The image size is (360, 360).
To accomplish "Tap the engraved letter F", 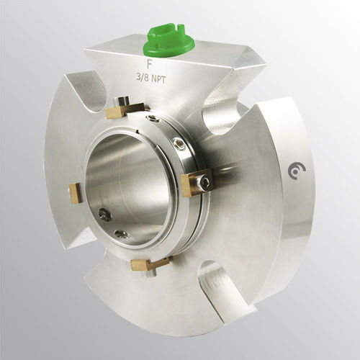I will (x=149, y=63).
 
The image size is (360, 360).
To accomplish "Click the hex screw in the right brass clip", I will (x=207, y=184).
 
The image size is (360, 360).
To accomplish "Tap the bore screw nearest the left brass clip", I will (x=104, y=214).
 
